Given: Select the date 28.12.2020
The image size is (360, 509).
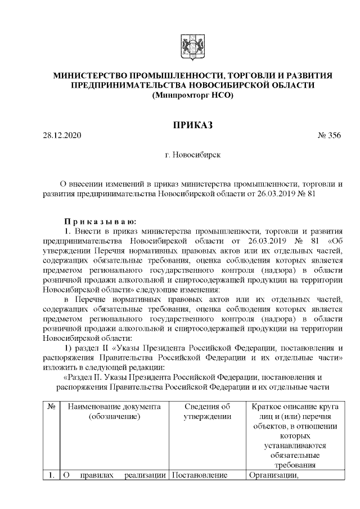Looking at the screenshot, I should click(x=62, y=136).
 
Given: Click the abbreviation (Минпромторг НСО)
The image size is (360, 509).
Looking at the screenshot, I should click(x=192, y=95).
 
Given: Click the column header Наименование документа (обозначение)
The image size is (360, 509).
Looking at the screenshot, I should click(x=114, y=411).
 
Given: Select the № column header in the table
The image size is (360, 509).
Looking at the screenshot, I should click(x=51, y=406).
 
